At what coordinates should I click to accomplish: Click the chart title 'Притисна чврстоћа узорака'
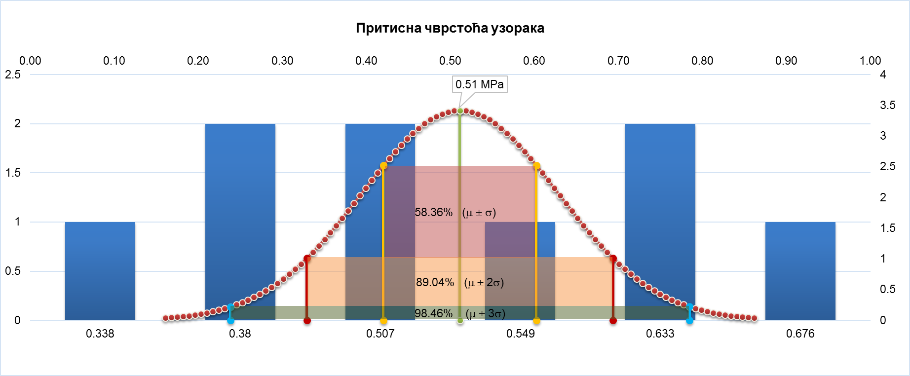(450, 28)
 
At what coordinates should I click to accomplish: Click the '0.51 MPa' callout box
(480, 84)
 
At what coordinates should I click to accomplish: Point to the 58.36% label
(433, 212)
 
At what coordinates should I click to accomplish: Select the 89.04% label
(435, 282)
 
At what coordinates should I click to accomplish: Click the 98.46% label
(433, 313)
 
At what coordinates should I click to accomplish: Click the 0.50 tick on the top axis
(450, 61)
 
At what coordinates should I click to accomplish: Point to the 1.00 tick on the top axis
(870, 61)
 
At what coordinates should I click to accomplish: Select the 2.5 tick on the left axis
(13, 75)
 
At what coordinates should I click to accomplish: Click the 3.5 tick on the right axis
(887, 105)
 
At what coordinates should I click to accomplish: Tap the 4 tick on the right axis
(883, 75)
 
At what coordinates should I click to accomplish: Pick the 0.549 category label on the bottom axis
(520, 334)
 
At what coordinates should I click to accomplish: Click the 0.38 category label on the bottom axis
(240, 334)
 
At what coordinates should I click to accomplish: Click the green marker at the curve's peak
(460, 111)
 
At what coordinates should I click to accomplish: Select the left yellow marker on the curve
(383, 166)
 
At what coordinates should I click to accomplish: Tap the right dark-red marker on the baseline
(613, 321)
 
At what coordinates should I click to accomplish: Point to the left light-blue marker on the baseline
(230, 321)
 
